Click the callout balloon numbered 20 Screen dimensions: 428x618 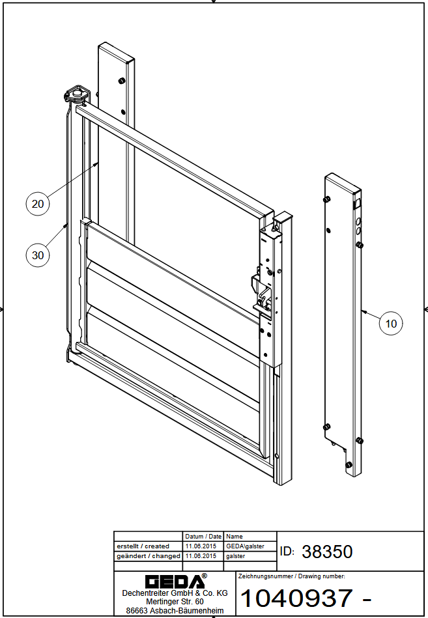37,204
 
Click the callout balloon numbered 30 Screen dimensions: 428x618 37,255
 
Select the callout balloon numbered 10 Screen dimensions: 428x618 391,324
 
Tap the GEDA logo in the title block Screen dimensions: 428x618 175,582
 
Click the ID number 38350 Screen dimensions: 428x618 327,552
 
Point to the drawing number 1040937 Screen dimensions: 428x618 296,598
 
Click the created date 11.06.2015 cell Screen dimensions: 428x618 201,546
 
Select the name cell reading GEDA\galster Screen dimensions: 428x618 245,546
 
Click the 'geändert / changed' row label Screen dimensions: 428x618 148,556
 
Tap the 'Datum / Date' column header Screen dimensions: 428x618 203,537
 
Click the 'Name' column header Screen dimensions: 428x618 235,537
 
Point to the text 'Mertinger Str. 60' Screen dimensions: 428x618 175,602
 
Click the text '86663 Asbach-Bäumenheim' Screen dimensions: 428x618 175,611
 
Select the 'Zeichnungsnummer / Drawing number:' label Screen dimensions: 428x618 292,576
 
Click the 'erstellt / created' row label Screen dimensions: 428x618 143,546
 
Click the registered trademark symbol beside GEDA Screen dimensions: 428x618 204,576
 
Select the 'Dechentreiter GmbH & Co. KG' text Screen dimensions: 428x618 175,593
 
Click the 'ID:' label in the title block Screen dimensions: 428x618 287,552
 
